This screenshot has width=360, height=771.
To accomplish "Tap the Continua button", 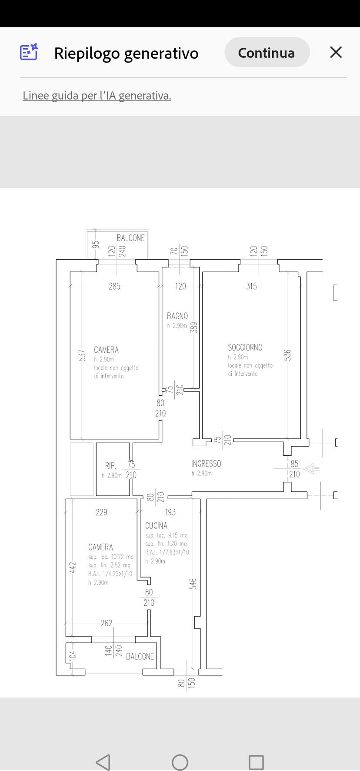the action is click(x=267, y=52).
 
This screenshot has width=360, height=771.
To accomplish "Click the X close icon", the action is click(x=336, y=52).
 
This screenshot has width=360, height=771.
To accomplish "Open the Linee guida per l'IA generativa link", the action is click(x=97, y=96).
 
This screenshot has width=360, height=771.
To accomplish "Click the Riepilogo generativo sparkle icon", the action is click(x=29, y=52).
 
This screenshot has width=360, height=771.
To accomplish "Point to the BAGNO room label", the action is click(x=177, y=316).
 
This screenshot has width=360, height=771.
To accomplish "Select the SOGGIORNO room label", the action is click(x=245, y=347).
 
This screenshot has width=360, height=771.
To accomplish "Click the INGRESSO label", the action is click(x=206, y=464).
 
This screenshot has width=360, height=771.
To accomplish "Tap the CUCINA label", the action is click(x=156, y=526).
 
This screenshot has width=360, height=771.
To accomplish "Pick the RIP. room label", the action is click(x=111, y=466).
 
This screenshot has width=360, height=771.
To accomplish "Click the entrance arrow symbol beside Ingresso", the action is click(x=311, y=469).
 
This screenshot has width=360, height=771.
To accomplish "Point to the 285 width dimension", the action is click(x=114, y=286).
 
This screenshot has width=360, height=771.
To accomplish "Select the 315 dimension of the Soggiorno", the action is click(x=251, y=286).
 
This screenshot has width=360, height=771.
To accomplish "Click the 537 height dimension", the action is click(x=82, y=355).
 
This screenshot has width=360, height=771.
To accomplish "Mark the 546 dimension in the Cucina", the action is click(x=193, y=584).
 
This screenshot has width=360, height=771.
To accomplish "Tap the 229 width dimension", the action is click(x=101, y=512).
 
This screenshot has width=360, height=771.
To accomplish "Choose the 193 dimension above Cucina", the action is click(x=170, y=512).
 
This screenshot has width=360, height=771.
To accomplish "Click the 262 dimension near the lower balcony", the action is click(x=107, y=623).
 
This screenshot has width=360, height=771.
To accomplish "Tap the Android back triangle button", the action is click(x=103, y=762).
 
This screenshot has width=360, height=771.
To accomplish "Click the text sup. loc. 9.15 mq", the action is click(x=167, y=535).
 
